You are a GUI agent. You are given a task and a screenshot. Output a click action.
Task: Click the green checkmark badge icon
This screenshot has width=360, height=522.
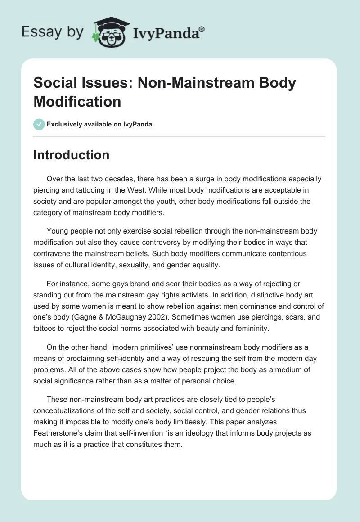pos(39,124)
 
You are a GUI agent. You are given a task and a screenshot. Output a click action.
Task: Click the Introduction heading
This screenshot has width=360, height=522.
pos(72,155)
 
